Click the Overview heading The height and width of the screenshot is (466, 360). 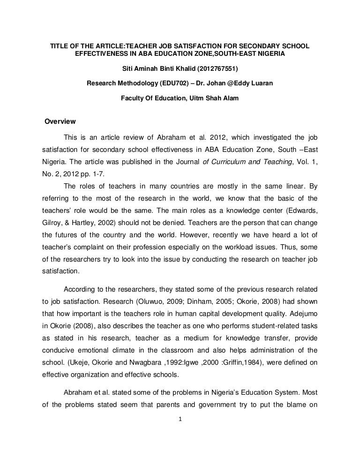60,122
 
